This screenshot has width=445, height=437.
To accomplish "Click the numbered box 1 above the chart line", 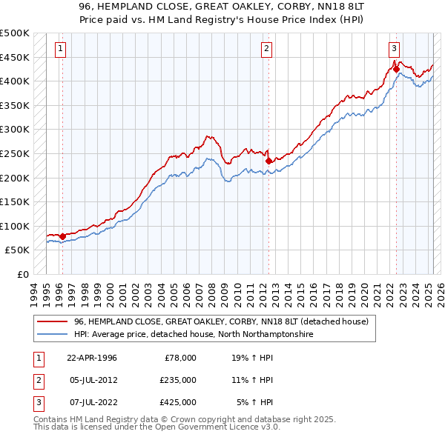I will pos(59,49).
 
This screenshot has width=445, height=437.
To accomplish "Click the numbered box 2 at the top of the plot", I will pos(266,49).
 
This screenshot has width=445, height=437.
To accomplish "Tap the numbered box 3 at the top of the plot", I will pos(394,49).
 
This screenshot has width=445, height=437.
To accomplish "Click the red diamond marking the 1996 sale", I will pos(62,236).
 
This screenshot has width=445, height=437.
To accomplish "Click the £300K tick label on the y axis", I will pos(15,129).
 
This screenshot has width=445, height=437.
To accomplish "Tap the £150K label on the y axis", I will pos(15,201).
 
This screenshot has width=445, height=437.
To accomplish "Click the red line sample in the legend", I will pos(53,321).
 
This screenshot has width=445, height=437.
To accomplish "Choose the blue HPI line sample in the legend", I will pos(53,335).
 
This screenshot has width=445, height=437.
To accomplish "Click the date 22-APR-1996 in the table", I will pos(92,358).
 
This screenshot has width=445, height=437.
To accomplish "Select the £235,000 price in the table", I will pos(178,380).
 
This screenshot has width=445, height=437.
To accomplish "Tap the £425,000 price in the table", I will pos(178,402).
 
